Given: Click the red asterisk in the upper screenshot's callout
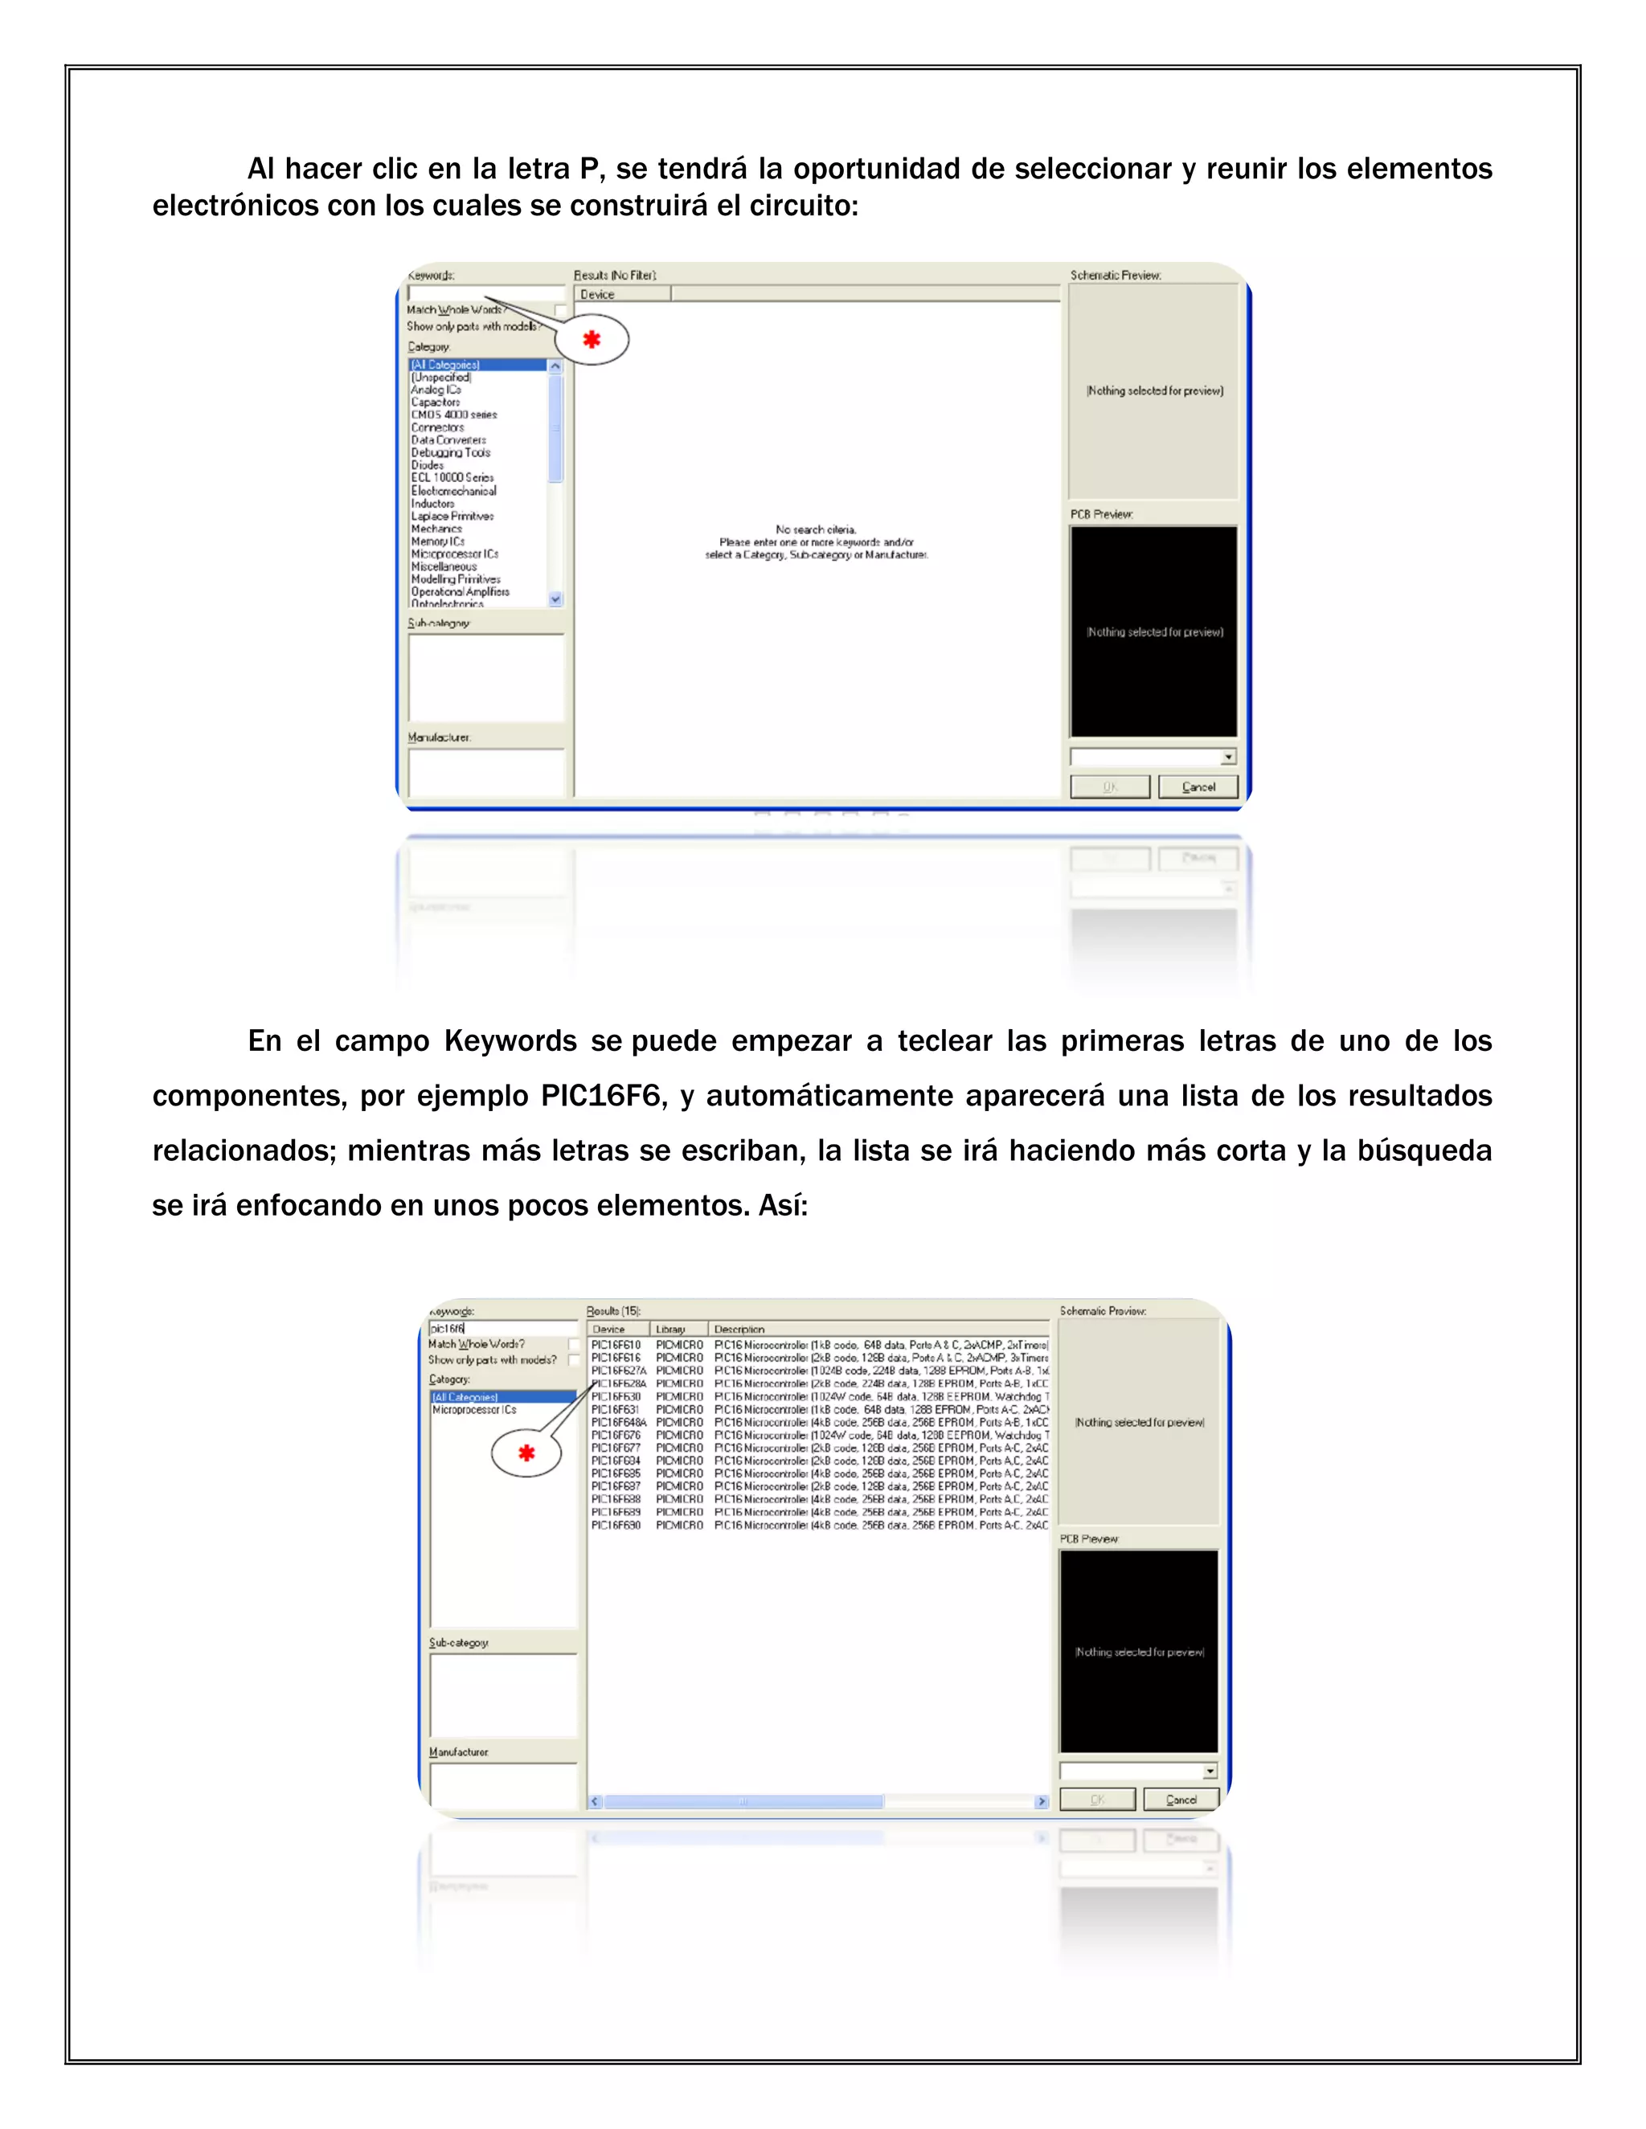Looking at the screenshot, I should click(591, 339).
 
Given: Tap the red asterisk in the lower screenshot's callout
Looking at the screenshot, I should click(526, 1453).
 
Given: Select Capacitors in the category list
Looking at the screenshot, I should click(435, 402).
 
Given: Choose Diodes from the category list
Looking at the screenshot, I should click(427, 465).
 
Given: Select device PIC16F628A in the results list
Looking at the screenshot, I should click(618, 1383).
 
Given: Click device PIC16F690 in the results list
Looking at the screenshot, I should click(616, 1525).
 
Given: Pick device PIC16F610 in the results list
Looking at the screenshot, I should click(616, 1344).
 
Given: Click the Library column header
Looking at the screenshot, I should click(671, 1329).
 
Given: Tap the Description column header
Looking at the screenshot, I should click(739, 1329).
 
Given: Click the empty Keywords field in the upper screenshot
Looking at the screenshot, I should click(485, 292).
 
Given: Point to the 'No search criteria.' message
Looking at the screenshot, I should click(817, 529).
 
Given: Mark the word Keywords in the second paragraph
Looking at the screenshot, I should click(510, 1041).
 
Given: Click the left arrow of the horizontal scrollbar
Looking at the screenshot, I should click(596, 1801).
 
